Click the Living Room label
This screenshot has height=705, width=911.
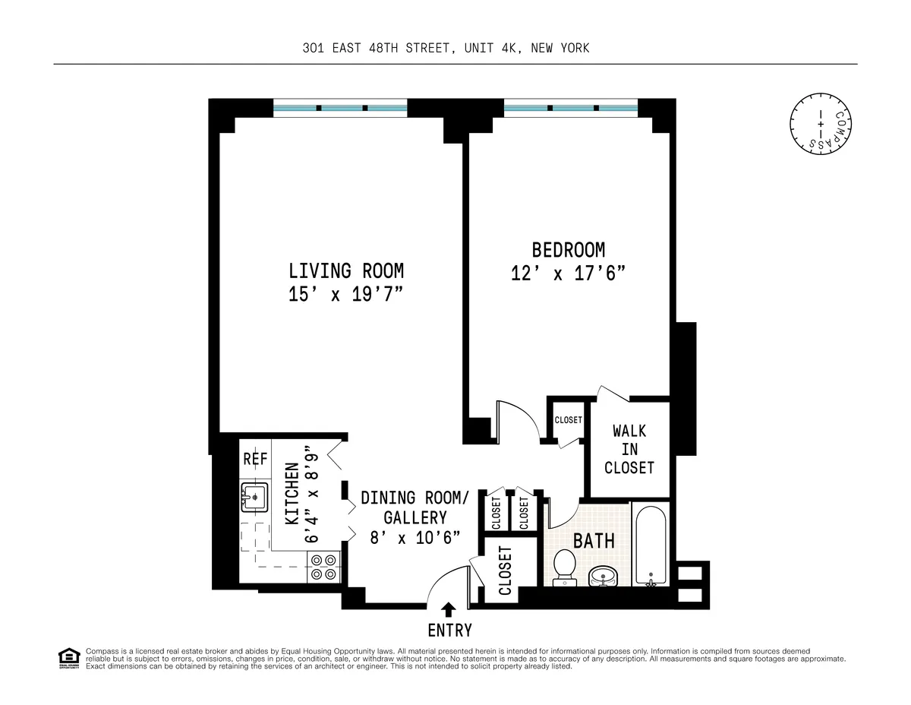coord(345,270)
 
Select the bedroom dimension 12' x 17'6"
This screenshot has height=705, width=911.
coord(568,273)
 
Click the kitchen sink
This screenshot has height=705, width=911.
coord(255,497)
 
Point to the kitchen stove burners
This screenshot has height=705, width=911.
coord(323,567)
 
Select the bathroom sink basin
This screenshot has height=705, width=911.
coord(605,575)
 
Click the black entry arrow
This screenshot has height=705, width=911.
coord(449,609)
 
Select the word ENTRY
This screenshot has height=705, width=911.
coord(449,631)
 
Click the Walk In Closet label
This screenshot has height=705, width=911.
coord(629,449)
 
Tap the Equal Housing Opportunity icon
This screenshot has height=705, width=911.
coord(68,658)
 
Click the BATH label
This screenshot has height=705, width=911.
coord(594,542)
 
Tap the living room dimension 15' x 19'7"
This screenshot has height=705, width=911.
coord(345,296)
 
